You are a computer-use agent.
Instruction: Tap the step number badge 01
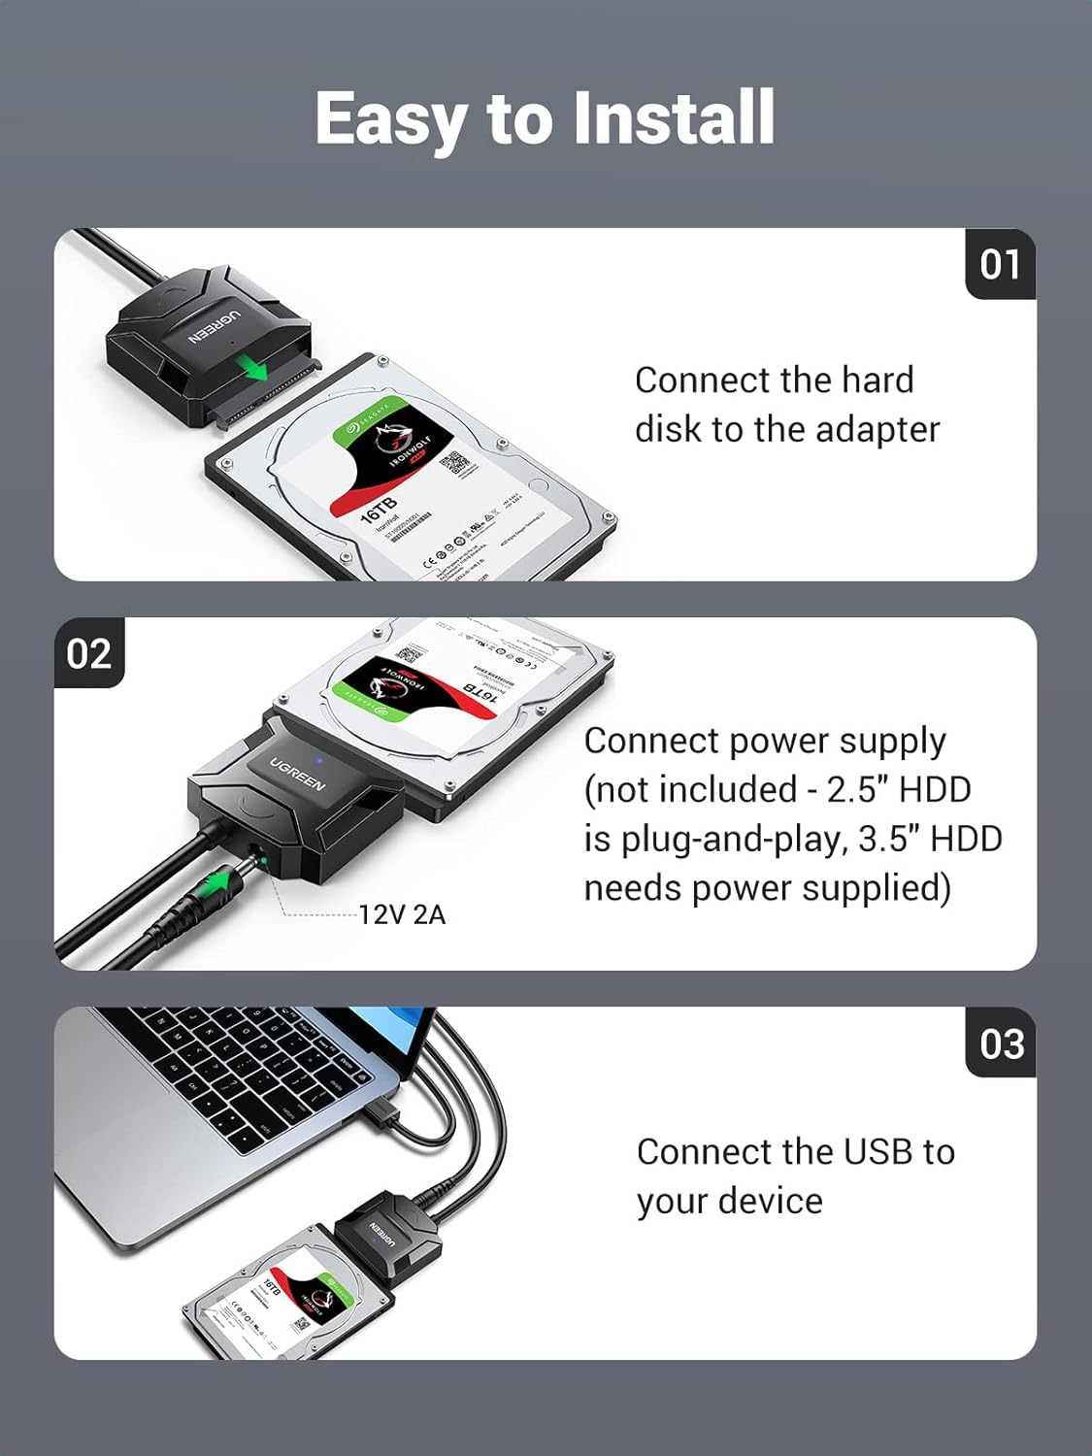(x=1000, y=264)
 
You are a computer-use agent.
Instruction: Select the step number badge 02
(x=89, y=653)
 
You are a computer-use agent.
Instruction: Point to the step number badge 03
(x=1001, y=1043)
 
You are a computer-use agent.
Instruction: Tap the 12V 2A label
(x=402, y=914)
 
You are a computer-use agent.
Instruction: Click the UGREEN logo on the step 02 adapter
(x=297, y=773)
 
